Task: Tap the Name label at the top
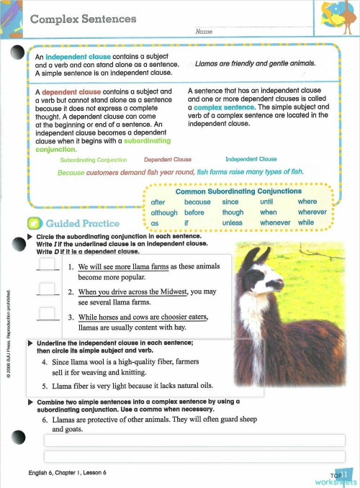click(x=203, y=32)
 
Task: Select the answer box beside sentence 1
click(x=48, y=266)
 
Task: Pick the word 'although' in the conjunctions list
click(x=164, y=213)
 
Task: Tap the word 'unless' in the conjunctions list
click(x=232, y=223)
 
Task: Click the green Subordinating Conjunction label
click(x=94, y=159)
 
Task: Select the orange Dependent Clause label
click(x=167, y=159)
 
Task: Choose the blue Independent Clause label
click(x=251, y=159)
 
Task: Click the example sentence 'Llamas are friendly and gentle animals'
click(x=256, y=63)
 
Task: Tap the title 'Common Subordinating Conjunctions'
click(x=238, y=191)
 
